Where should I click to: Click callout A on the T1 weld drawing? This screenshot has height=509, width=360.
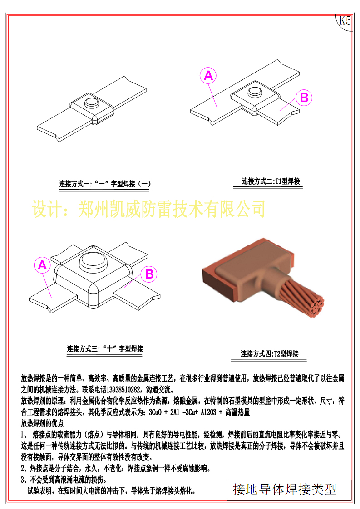[x=208, y=76]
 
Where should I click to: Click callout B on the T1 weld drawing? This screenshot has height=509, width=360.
[x=304, y=98]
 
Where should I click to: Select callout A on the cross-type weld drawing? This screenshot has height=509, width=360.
[x=42, y=265]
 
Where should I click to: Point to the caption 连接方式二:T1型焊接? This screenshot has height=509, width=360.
[x=271, y=181]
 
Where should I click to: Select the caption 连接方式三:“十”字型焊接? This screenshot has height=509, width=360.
[x=105, y=349]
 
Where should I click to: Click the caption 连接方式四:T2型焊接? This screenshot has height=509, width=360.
[x=269, y=354]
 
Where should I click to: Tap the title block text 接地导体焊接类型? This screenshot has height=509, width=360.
[x=285, y=489]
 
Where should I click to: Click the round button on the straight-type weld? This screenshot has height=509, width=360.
[x=93, y=101]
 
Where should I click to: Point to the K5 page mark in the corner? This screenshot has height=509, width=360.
[x=345, y=21]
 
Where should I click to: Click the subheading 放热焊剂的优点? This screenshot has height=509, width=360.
[x=43, y=424]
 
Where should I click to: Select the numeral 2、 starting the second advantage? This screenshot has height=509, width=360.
[x=25, y=468]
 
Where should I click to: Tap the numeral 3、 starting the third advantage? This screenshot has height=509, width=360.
[x=25, y=480]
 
